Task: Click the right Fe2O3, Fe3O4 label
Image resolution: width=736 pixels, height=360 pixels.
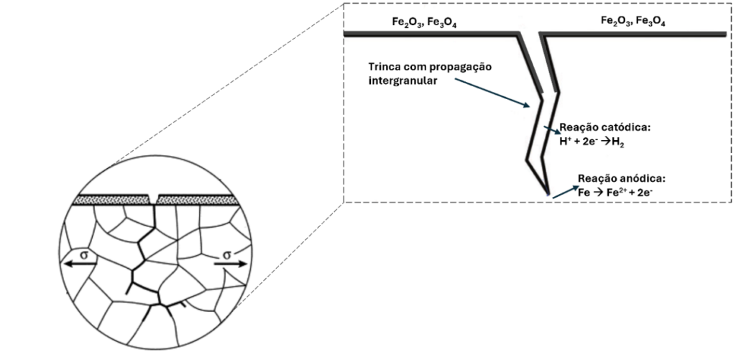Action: click(632, 22)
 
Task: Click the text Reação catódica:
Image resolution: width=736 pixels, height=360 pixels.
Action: click(605, 127)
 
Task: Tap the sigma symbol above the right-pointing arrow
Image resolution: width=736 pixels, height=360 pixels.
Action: click(228, 254)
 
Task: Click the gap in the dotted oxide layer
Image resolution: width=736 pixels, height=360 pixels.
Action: click(154, 198)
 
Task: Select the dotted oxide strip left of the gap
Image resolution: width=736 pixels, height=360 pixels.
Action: click(112, 198)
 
